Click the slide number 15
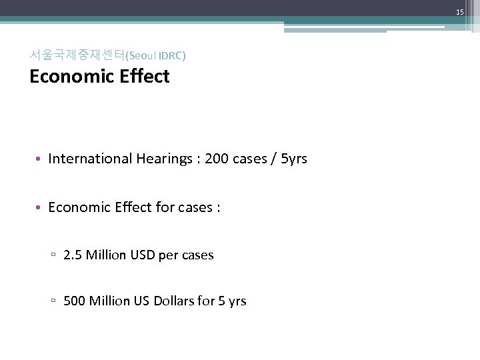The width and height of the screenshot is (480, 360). point(460,13)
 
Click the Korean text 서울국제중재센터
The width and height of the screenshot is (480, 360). point(77,55)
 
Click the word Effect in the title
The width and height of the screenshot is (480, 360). point(145,77)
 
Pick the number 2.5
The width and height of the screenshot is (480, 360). point(73,255)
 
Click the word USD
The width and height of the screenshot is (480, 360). point(141,255)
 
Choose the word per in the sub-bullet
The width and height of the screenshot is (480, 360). point(169,255)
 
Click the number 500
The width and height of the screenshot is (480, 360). point(75,301)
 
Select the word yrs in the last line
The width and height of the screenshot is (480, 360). point(237,301)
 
